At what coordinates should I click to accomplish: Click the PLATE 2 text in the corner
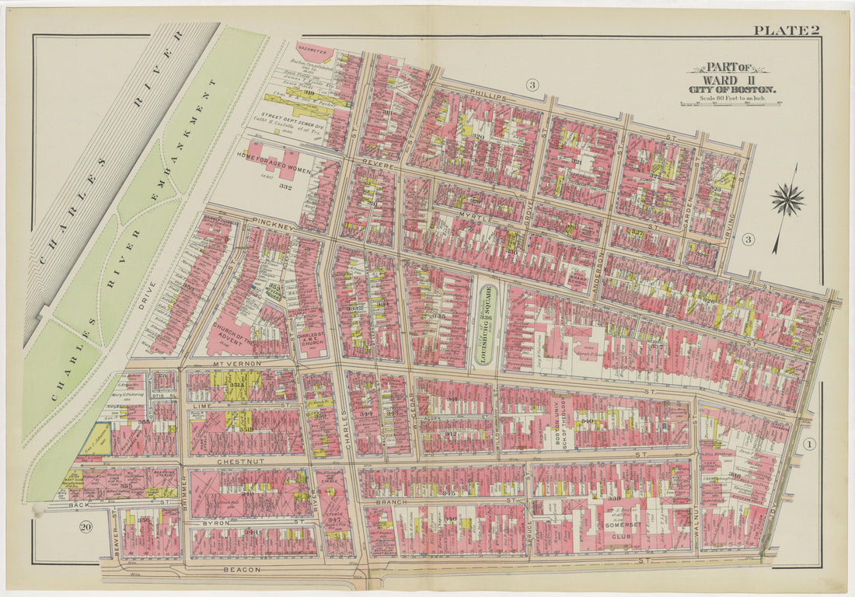point(786,30)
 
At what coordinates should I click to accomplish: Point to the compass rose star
point(788,200)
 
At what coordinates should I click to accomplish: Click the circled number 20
point(86,527)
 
